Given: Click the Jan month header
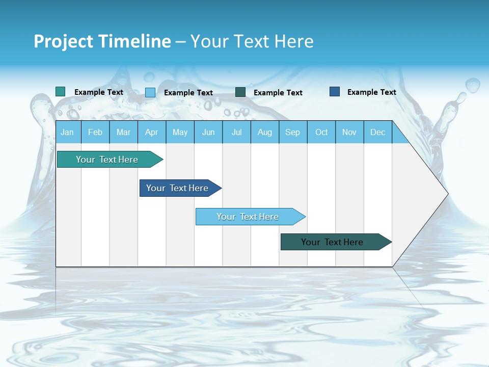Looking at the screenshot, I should click(68, 132).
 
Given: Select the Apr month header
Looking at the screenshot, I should click(152, 132).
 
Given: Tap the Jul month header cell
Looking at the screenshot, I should click(236, 132).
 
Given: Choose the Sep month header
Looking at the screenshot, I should click(293, 132).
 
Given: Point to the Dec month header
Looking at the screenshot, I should click(377, 132).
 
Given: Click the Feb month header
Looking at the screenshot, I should click(95, 132).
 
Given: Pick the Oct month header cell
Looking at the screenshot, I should click(321, 132).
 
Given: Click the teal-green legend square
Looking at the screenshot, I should click(60, 92).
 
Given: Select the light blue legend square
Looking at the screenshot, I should click(150, 92).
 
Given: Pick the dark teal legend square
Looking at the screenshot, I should click(240, 92).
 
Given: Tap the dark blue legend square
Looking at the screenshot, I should click(335, 92).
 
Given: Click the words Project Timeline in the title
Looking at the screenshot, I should click(102, 41).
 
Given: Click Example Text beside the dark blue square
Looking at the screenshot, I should click(371, 92).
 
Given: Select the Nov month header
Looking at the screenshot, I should click(349, 132).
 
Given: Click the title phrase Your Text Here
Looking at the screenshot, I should click(252, 41).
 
